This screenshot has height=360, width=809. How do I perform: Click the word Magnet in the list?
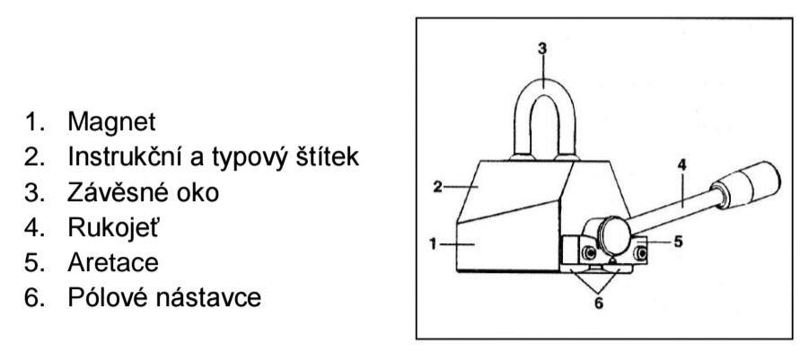coord(111,122)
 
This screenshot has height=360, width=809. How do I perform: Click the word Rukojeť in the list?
coord(112,227)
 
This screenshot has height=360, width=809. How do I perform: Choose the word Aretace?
coord(113,262)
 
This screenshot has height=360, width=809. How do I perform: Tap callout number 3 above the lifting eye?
coord(542,49)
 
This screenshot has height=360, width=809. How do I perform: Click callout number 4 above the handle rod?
coord(682,165)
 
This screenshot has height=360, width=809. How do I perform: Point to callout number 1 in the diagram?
coord(434,243)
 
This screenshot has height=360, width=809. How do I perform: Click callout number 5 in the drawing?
coord(679,241)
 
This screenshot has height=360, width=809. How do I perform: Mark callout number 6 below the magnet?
coord(599,303)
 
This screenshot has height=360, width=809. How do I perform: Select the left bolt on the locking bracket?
coord(587,253)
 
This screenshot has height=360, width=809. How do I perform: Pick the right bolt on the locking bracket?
coord(641,253)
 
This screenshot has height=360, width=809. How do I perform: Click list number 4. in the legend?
coord(35,227)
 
